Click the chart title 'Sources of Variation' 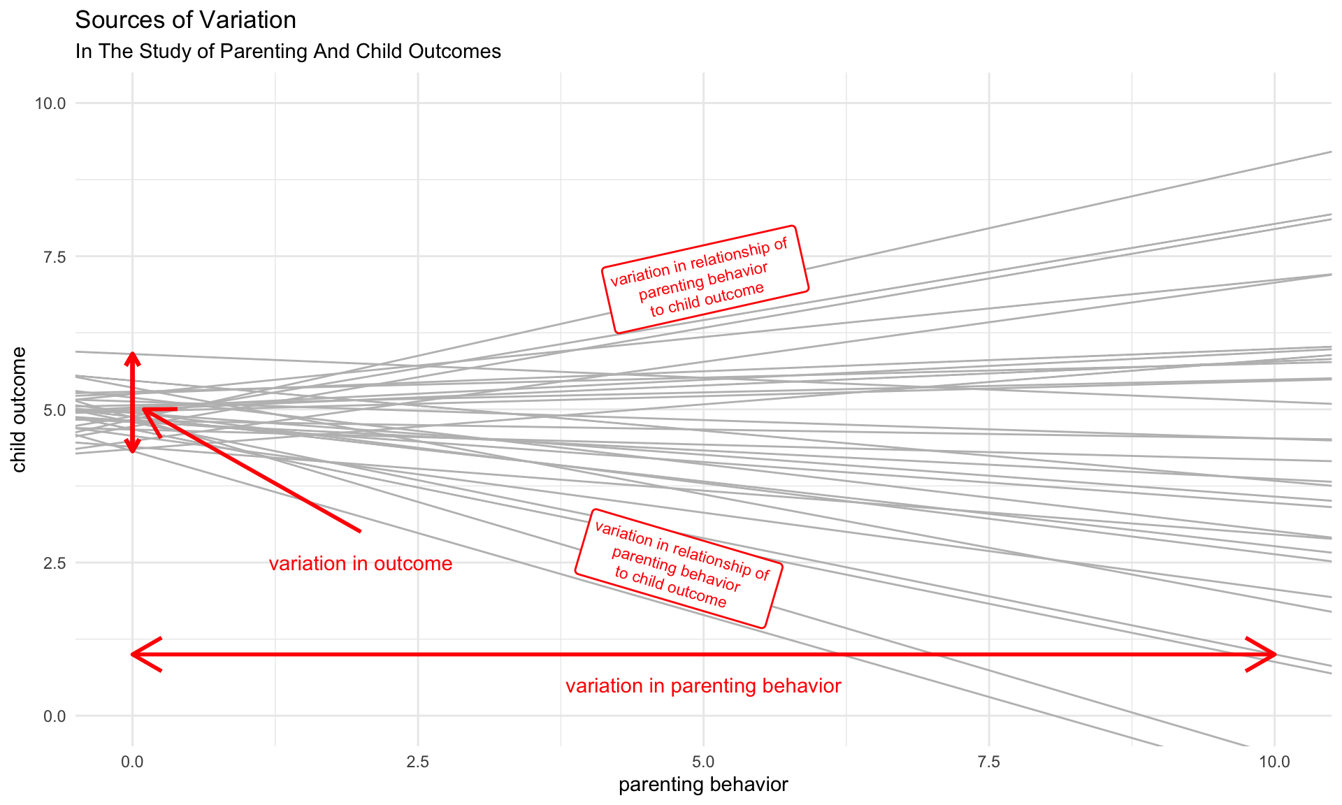tap(185, 20)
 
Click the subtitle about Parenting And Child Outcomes tap(288, 52)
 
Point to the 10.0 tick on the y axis tap(50, 103)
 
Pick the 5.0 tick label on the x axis tap(703, 762)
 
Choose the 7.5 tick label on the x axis tap(989, 762)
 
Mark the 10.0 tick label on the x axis tap(1274, 762)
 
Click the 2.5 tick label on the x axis tap(417, 762)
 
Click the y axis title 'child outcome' tap(19, 409)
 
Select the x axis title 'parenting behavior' tap(703, 785)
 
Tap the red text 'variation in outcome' tap(361, 564)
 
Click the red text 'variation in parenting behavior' tap(703, 686)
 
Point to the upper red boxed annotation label tap(705, 279)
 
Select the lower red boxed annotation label tap(679, 568)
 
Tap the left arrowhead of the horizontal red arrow tap(138, 655)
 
